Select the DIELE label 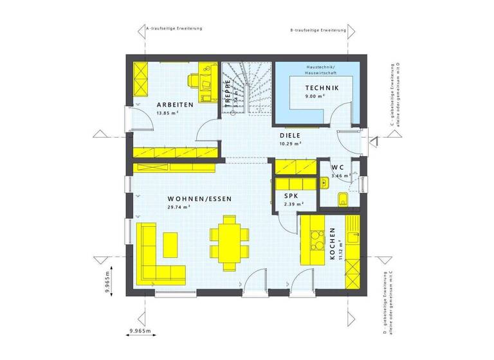coord(290,136)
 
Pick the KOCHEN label coord(333,244)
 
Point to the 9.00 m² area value coord(315,96)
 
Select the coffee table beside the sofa coord(171,244)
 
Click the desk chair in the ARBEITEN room coord(195,80)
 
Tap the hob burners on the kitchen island coord(315,239)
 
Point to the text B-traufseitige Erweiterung coord(318,30)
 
